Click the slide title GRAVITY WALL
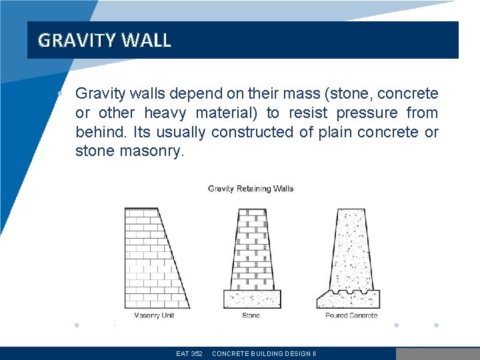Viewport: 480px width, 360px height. click(105, 41)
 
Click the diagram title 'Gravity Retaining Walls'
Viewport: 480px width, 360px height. click(251, 189)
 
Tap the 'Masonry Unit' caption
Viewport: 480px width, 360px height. click(154, 315)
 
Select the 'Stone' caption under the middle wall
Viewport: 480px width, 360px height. click(251, 315)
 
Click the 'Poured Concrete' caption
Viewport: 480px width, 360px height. click(351, 315)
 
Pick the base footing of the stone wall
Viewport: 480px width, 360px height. click(252, 299)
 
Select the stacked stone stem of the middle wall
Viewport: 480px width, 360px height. click(252, 250)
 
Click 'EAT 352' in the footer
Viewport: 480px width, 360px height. click(189, 354)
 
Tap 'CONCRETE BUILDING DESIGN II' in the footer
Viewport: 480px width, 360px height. click(264, 354)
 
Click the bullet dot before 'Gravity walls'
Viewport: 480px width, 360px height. click(60, 94)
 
